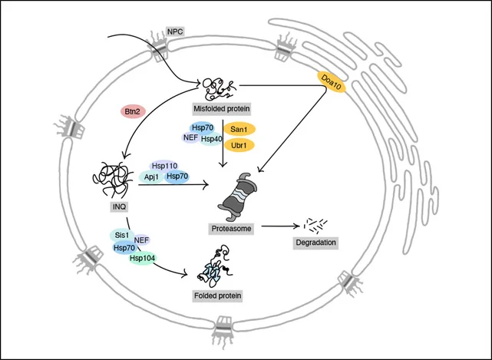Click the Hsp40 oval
[x=211, y=139]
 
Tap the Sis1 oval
[x=121, y=234]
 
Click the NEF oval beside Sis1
[x=141, y=240]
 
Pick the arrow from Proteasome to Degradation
[x=277, y=226]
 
